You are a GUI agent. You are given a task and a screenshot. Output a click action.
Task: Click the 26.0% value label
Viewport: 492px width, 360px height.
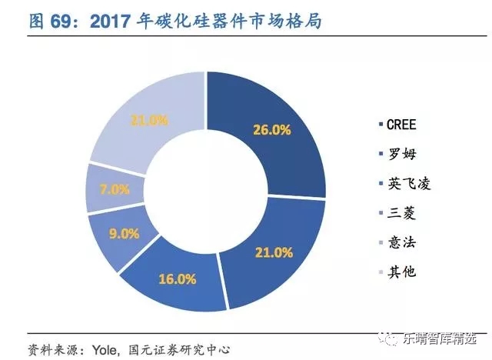[x=272, y=130]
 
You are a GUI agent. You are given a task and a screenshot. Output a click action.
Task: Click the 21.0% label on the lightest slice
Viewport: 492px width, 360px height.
[x=149, y=119]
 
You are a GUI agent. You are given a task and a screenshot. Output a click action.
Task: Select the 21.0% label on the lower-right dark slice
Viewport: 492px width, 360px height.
[x=275, y=252]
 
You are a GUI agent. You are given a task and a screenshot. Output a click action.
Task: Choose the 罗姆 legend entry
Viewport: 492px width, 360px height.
[x=400, y=153]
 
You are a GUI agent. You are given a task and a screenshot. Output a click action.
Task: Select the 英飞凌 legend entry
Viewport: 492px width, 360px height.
[x=405, y=183]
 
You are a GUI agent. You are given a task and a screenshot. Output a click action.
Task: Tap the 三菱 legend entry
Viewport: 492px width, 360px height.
[x=400, y=212]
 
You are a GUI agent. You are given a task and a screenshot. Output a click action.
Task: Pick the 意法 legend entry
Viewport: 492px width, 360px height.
[x=400, y=242]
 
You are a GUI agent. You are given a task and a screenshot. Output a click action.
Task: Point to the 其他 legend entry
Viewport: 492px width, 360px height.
[x=400, y=272]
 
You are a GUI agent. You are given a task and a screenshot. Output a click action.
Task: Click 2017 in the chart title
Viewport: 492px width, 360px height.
[x=113, y=22]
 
